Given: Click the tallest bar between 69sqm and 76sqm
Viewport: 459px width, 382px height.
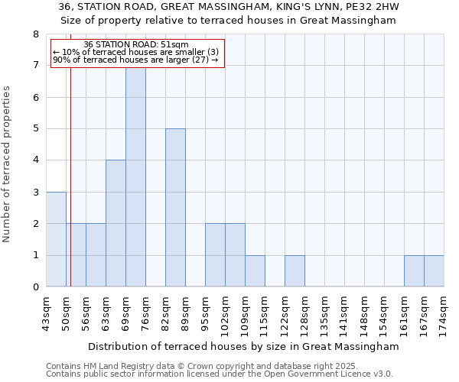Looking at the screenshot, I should [135, 176].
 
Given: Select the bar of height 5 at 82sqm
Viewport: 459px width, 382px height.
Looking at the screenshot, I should [175, 208].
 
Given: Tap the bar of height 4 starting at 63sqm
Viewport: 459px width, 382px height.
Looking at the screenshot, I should [116, 224].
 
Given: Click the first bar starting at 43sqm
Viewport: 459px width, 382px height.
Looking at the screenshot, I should [56, 239].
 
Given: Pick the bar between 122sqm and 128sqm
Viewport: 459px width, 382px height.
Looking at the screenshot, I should [295, 271].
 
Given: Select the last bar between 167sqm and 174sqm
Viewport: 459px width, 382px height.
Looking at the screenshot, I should [434, 271].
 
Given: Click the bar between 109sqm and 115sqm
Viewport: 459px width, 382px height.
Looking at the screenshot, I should [255, 271].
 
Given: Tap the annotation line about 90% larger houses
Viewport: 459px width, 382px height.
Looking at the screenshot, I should [137, 60].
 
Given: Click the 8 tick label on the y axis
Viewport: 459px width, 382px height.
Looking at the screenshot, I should [36, 34].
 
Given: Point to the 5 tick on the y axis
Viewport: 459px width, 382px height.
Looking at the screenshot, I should [36, 129].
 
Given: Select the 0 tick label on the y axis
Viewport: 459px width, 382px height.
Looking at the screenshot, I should [36, 287].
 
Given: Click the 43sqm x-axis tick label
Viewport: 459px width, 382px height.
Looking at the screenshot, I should [47, 312].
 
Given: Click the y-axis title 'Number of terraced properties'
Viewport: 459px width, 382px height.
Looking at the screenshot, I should [7, 163].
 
